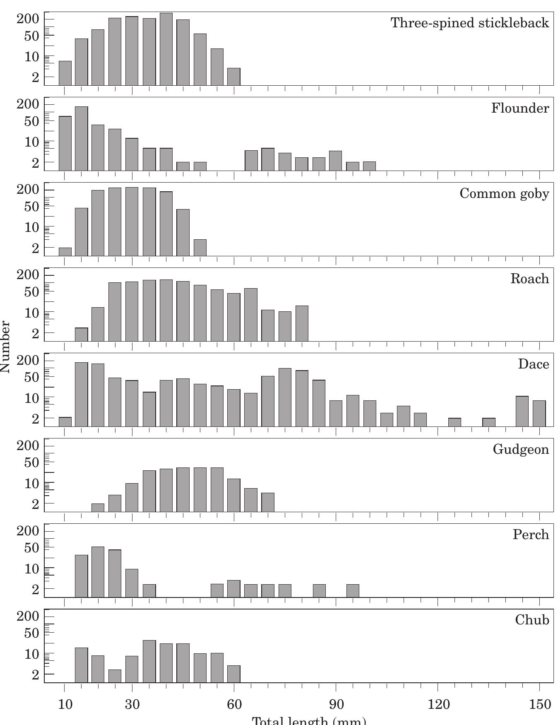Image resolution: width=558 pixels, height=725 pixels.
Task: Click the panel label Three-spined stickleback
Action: click(470, 23)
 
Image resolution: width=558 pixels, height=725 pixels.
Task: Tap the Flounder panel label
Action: click(520, 108)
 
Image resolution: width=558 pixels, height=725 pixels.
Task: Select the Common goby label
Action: click(504, 193)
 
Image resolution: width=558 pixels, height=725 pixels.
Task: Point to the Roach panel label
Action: click(529, 279)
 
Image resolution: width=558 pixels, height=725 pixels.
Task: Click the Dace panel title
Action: click(533, 364)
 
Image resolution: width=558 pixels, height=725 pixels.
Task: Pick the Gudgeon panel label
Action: click(521, 449)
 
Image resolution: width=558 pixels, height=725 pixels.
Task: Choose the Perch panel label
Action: click(531, 535)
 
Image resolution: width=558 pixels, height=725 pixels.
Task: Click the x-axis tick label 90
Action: click(336, 704)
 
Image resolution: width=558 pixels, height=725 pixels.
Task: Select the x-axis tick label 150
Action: click(539, 704)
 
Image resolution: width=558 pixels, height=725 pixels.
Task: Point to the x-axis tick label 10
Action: click(65, 704)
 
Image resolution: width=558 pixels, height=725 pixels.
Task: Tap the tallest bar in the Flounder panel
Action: click(82, 138)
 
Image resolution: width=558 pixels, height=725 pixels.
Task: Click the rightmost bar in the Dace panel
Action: click(539, 413)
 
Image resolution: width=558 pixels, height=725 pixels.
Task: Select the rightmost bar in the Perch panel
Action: click(353, 590)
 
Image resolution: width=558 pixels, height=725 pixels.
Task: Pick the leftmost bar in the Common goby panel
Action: click(65, 252)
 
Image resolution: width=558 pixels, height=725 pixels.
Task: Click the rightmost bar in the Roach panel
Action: click(302, 323)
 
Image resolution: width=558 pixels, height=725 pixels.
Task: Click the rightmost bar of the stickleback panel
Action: click(234, 77)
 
